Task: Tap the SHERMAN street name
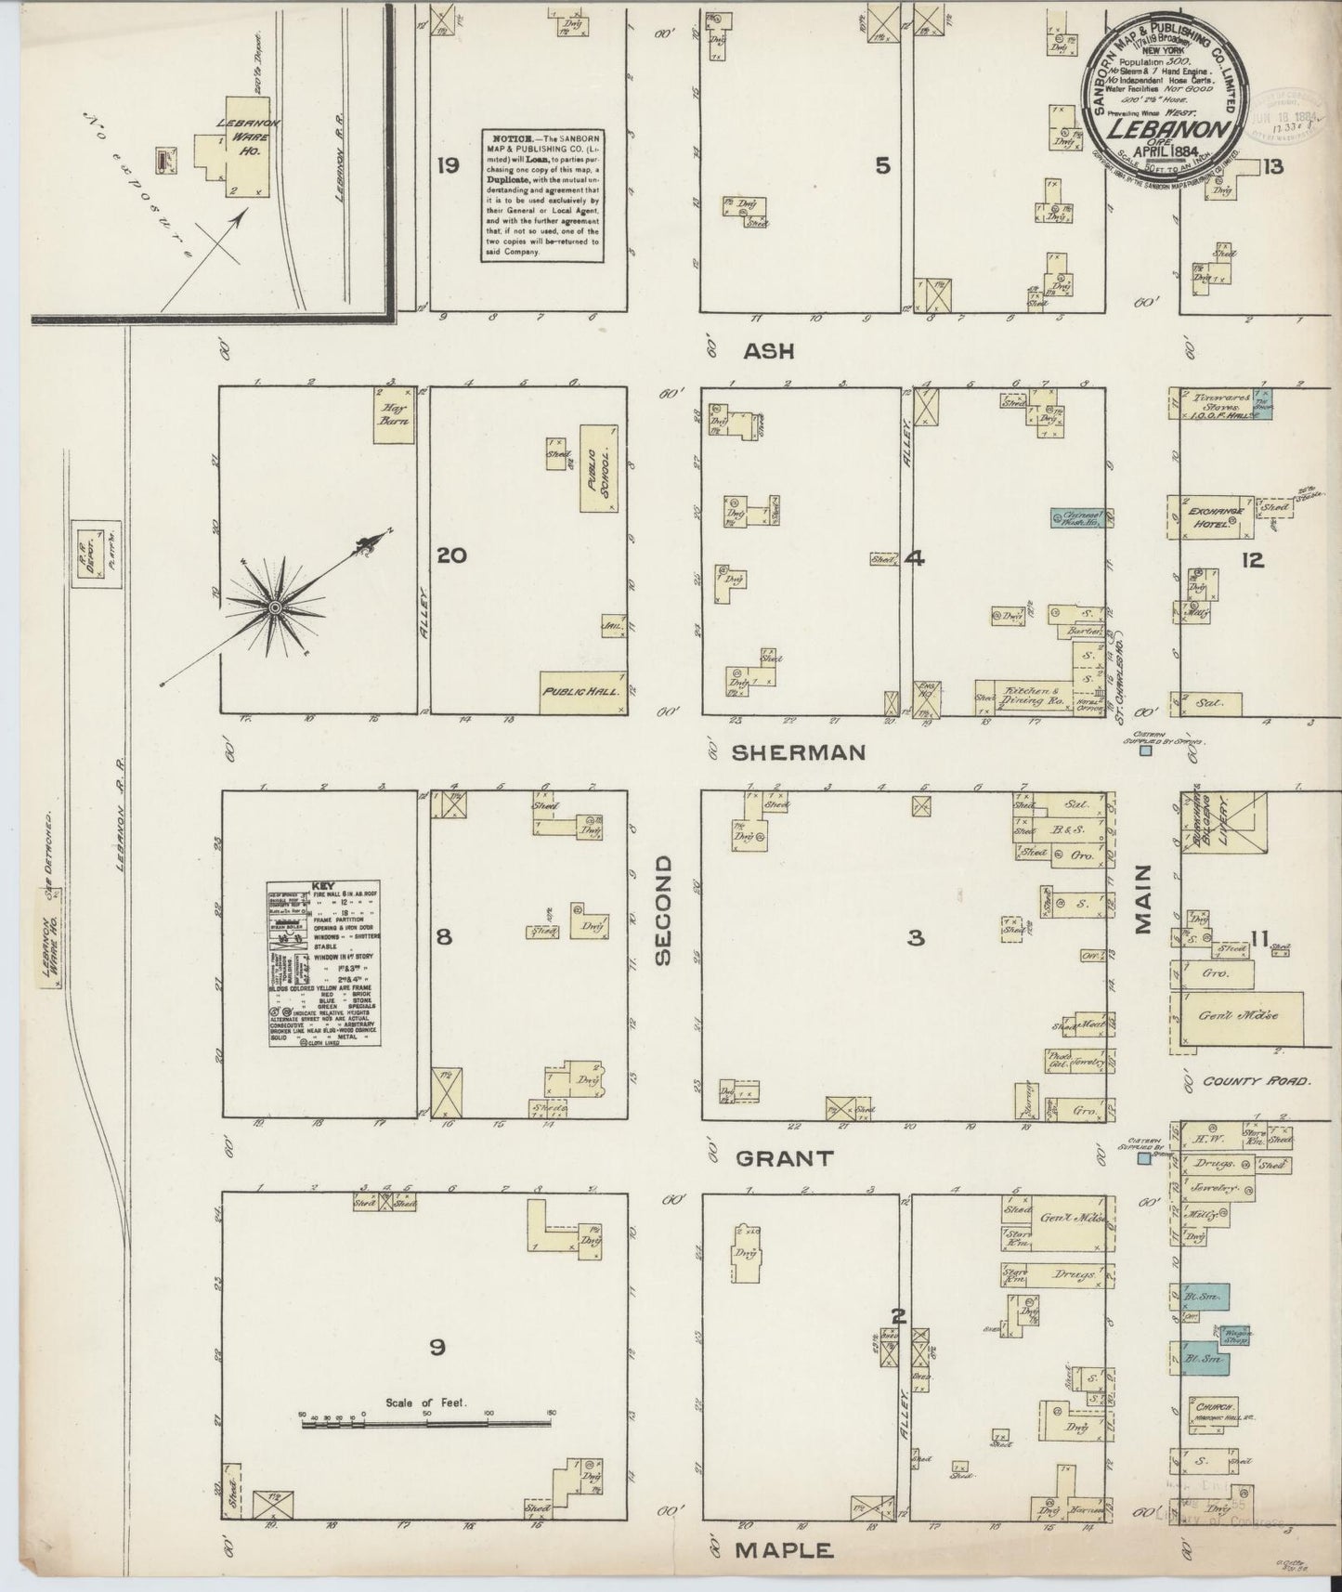point(798,752)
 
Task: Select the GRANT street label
point(784,1157)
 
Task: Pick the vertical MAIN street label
point(1141,898)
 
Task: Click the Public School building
point(599,468)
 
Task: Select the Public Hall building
point(583,693)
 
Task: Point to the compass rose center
point(275,607)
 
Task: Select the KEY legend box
point(325,965)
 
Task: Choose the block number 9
point(436,1347)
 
